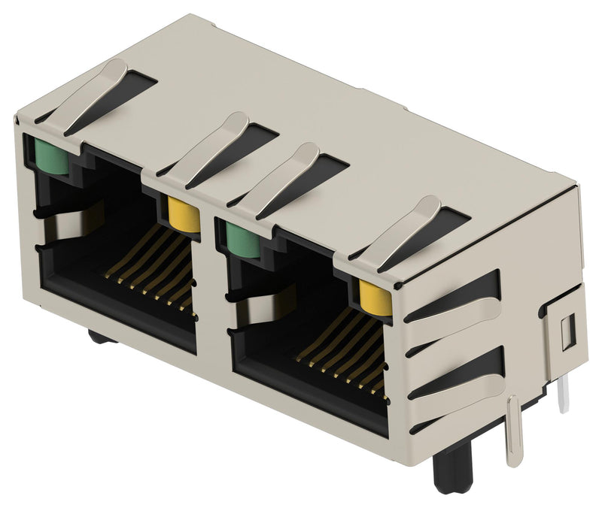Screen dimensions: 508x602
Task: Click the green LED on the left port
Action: (47, 156)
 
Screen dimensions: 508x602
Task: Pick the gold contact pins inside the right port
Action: (342, 349)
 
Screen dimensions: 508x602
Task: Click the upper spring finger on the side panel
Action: (451, 304)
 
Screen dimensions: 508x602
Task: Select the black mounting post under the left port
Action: (102, 336)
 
